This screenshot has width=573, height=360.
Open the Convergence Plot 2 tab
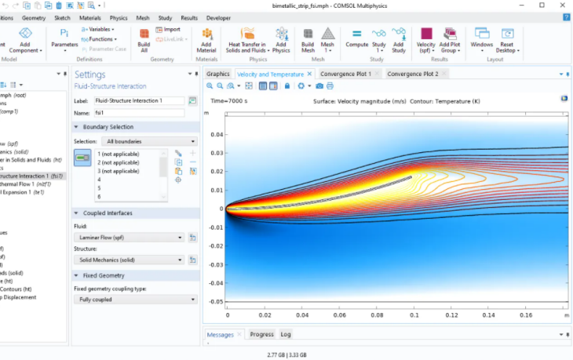pyautogui.click(x=418, y=74)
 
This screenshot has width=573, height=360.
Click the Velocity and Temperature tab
pyautogui.click(x=269, y=74)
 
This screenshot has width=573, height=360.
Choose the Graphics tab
pyautogui.click(x=217, y=74)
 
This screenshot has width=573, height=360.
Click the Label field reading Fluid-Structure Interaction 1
pyautogui.click(x=138, y=100)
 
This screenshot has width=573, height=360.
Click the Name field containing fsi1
pyautogui.click(x=138, y=113)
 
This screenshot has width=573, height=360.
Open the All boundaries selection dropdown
pyautogui.click(x=137, y=141)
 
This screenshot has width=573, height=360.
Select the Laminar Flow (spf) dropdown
pyautogui.click(x=130, y=237)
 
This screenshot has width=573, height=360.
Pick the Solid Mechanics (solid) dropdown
pyautogui.click(x=130, y=259)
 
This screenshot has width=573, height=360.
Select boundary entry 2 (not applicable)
pyautogui.click(x=119, y=162)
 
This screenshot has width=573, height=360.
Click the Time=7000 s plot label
pyautogui.click(x=229, y=100)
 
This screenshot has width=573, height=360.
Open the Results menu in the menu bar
pyautogui.click(x=189, y=16)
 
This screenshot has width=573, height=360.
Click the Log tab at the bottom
pyautogui.click(x=285, y=334)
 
